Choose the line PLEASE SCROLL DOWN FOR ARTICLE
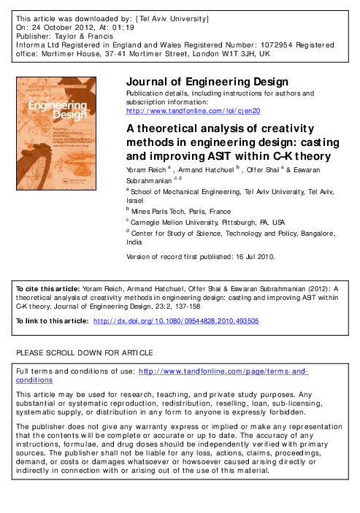84,353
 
